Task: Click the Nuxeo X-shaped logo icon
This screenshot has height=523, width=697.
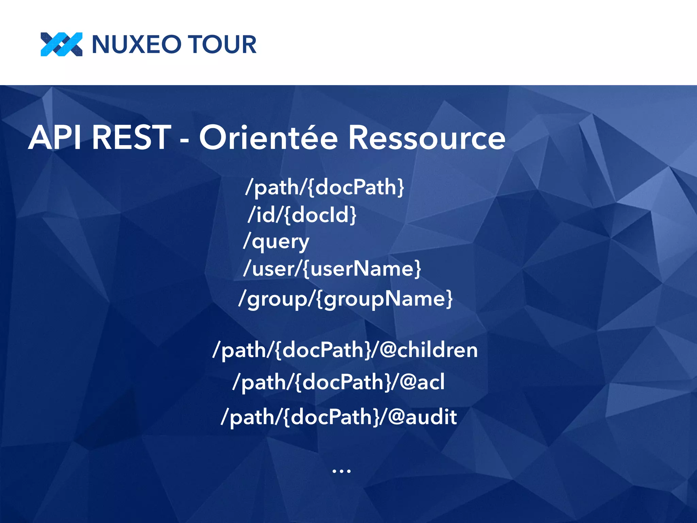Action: click(61, 44)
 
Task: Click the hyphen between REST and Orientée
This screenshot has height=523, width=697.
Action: click(184, 140)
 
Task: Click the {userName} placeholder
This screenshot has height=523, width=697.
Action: click(361, 269)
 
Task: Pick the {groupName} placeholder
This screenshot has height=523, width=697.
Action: click(384, 299)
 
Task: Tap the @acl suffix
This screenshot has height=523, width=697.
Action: click(422, 382)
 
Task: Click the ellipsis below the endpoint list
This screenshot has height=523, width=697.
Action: click(341, 471)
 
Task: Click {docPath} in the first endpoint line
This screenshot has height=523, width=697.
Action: click(356, 187)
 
